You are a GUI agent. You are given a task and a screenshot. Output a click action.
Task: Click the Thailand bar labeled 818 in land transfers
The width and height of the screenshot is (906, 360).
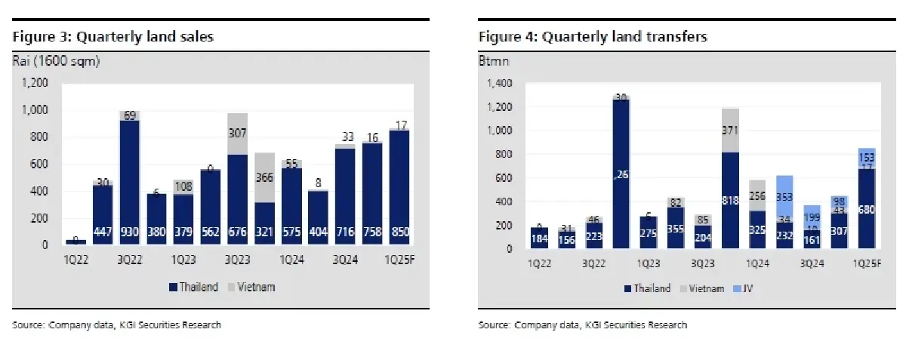pyautogui.click(x=731, y=200)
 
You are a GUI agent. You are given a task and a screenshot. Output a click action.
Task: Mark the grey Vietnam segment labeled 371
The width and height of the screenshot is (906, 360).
pyautogui.click(x=731, y=131)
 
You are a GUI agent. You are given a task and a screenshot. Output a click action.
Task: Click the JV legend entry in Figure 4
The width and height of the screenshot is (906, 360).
pyautogui.click(x=744, y=288)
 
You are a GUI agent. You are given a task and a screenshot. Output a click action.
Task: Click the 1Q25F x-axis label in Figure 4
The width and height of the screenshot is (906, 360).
pyautogui.click(x=865, y=264)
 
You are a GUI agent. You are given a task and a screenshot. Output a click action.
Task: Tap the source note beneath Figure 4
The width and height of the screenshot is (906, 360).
pyautogui.click(x=583, y=325)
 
